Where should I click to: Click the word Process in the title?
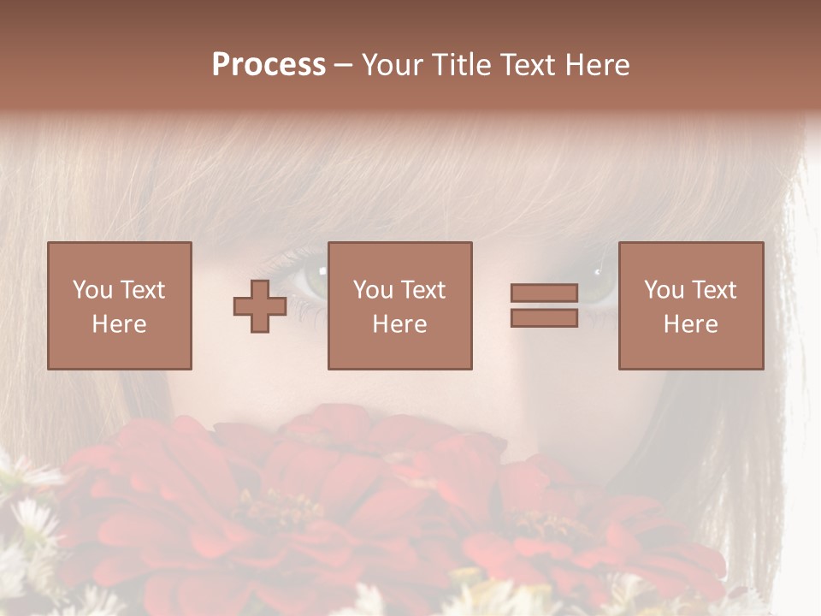click(269, 65)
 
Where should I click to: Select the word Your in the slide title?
click(395, 65)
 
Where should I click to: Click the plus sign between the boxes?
click(260, 306)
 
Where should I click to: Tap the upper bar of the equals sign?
click(544, 293)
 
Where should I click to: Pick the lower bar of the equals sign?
click(544, 317)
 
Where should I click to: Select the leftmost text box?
click(120, 305)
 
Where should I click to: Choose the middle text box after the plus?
click(400, 305)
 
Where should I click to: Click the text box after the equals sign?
click(691, 305)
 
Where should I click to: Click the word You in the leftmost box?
click(92, 290)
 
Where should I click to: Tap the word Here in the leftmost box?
click(120, 324)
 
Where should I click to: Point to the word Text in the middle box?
click(422, 290)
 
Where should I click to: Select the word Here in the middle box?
click(400, 324)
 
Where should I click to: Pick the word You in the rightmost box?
click(664, 290)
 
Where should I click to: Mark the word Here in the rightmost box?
click(691, 324)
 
